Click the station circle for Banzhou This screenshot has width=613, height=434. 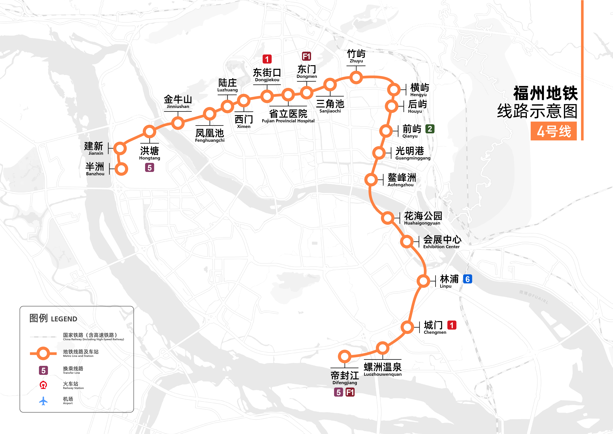coord(121,169)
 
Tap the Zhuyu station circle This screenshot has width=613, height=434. coord(356,78)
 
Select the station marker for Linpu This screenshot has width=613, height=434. coord(423,281)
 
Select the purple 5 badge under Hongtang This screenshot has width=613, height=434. coord(149,168)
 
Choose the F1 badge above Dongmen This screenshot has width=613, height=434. coord(306,56)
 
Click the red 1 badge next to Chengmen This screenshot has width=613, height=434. coord(452,325)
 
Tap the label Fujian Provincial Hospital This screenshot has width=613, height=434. coord(288,121)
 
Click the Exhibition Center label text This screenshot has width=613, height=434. coord(441,247)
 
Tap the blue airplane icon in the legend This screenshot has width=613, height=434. coord(43,401)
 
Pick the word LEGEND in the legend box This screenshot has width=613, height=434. coord(64,319)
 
